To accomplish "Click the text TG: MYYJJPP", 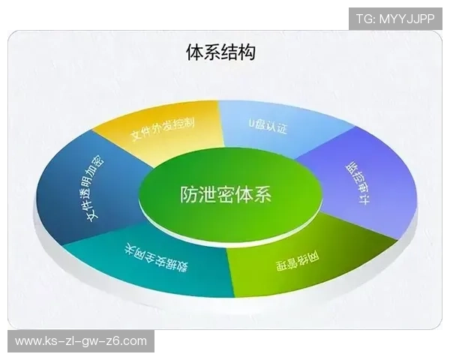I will pos(394,19).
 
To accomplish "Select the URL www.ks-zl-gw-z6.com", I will pos(81,341).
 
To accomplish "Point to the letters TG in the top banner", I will pos(364,19).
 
